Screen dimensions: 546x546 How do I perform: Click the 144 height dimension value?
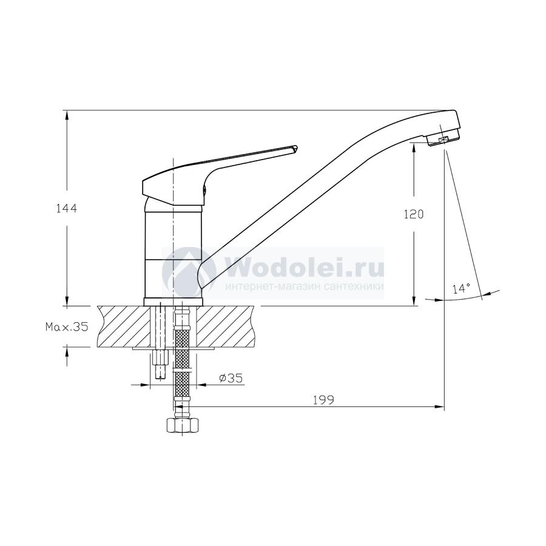pyautogui.click(x=67, y=208)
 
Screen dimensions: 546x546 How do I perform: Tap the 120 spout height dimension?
pyautogui.click(x=414, y=214)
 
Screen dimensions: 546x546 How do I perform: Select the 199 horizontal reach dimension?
pyautogui.click(x=323, y=400)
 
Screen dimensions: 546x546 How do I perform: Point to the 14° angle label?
pyautogui.click(x=462, y=288)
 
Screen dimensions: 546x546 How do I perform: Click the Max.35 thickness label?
pyautogui.click(x=67, y=326)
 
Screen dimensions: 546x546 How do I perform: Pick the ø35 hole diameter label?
pyautogui.click(x=231, y=378)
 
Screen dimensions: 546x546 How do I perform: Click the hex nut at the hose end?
pyautogui.click(x=182, y=425)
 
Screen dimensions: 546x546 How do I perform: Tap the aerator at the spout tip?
pyautogui.click(x=442, y=140)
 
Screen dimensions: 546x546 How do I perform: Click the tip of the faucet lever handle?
pyautogui.click(x=297, y=147)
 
